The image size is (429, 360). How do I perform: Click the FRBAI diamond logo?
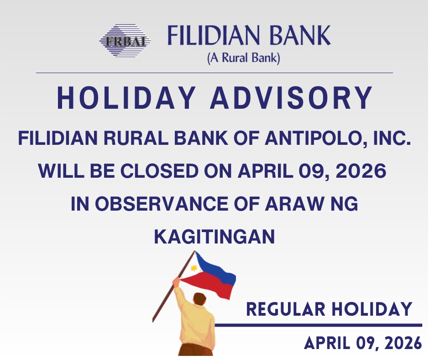(x=125, y=41)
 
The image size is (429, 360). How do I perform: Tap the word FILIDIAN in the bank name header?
(x=213, y=35)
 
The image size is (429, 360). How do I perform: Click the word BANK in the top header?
(x=300, y=35)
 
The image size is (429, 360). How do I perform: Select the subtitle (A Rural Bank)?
(x=244, y=58)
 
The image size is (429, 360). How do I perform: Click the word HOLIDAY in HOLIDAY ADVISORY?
(x=126, y=98)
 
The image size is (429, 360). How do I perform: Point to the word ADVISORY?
(x=291, y=98)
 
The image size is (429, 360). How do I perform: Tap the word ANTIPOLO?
(x=315, y=138)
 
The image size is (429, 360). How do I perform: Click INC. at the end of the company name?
(x=392, y=138)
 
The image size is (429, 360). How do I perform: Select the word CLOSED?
(x=160, y=171)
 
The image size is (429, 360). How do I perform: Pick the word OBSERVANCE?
(x=162, y=204)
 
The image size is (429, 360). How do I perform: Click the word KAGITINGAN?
(x=214, y=237)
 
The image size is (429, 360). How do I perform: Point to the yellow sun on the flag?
(x=194, y=268)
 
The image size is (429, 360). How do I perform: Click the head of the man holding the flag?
(x=200, y=299)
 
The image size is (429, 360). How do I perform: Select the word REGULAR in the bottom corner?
(x=286, y=309)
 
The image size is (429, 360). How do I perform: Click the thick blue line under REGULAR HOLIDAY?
(x=319, y=325)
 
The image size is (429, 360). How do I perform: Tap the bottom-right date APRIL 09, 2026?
(x=363, y=343)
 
